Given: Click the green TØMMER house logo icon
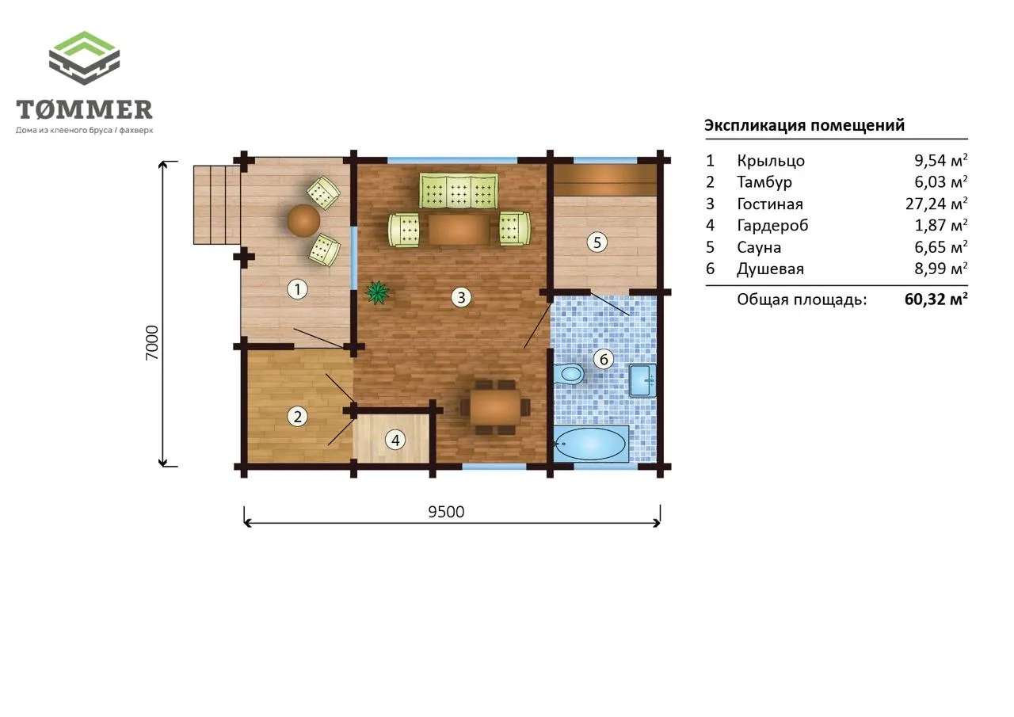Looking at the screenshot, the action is click(84, 58).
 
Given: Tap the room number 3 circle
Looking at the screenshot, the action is click(461, 297).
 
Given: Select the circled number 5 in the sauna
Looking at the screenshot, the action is click(597, 242).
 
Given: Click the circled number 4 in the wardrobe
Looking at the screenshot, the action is click(395, 440).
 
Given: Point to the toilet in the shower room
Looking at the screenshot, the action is click(568, 375).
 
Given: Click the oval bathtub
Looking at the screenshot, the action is click(590, 444).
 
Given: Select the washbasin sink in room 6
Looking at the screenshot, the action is click(642, 380).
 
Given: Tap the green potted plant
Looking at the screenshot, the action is click(377, 292).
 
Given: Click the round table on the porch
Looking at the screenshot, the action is click(303, 220).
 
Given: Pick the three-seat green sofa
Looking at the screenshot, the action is click(459, 191).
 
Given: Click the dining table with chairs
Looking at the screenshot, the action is click(495, 407).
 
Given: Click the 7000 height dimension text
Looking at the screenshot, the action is click(152, 343).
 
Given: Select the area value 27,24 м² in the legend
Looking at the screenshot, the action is click(936, 204).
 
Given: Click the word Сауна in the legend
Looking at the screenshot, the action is click(759, 247).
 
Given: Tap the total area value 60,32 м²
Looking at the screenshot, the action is click(936, 299).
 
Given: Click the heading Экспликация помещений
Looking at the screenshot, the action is click(804, 125).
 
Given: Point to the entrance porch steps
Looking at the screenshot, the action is click(217, 205).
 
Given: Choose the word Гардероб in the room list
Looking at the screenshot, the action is click(772, 226).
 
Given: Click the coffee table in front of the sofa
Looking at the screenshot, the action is click(459, 229).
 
